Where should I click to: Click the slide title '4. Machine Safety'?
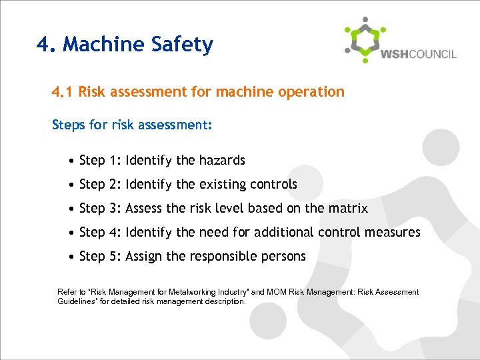(125, 45)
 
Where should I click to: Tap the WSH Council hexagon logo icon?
(365, 40)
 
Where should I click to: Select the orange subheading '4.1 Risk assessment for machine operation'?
(198, 92)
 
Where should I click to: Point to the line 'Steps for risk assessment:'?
(131, 125)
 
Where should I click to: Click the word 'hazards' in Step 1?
(222, 161)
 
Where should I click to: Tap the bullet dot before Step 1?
(71, 161)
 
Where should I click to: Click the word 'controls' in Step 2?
(273, 185)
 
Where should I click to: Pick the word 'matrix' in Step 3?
(347, 209)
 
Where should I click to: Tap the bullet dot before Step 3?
(71, 209)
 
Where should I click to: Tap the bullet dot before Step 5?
(71, 257)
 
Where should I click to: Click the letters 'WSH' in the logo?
(393, 54)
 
